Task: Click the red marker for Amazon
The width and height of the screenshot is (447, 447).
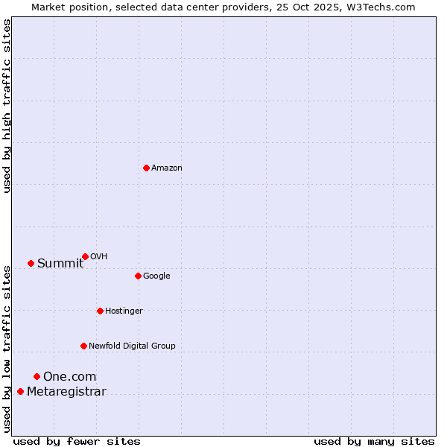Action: coord(146,168)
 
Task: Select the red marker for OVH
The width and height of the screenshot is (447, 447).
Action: coord(85,256)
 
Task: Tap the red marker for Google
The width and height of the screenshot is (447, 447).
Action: coord(138,276)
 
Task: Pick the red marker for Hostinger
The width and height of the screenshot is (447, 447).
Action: coord(100,311)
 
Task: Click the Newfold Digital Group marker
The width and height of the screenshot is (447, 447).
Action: coord(83,346)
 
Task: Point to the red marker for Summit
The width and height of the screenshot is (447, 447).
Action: coord(31,263)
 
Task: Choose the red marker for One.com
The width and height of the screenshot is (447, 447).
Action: coord(37,376)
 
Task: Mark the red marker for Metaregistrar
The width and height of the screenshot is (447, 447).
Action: coord(20,392)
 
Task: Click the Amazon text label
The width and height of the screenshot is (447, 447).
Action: coord(166,168)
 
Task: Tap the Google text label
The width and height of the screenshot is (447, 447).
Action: coord(156,276)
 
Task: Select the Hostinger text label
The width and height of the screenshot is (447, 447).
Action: coord(124,311)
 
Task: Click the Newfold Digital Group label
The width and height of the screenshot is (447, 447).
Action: coord(132,346)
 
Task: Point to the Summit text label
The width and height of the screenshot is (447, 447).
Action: coord(60,263)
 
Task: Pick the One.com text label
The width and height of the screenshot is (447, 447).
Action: coord(69,377)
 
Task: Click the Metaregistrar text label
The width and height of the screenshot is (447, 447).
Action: coord(66,392)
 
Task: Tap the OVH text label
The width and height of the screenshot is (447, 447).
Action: coord(99,257)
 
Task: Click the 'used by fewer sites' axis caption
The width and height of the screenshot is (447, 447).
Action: coord(77,441)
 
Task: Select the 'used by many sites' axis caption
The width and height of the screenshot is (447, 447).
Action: coord(374,441)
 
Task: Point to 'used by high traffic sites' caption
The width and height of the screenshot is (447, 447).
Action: coord(7,106)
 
